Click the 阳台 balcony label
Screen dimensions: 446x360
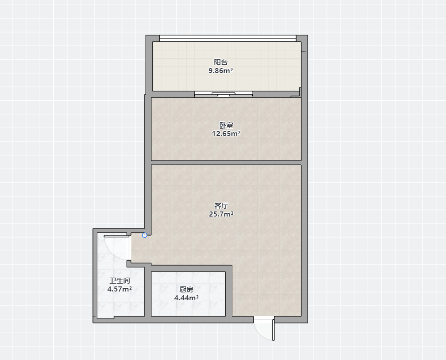221,62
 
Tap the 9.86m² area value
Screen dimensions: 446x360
221,71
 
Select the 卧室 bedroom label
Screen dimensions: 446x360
226,125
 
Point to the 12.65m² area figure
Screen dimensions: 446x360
226,133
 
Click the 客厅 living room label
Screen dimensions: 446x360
221,205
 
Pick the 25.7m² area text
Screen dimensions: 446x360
221,214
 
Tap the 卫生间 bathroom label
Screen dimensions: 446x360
120,280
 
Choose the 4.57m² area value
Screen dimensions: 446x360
119,289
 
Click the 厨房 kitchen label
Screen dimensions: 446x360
186,289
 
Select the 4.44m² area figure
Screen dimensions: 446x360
186,298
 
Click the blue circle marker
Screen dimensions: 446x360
144,235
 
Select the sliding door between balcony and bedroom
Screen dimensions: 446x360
223,94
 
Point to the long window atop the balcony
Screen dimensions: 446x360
228,38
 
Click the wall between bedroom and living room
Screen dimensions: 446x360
226,163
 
